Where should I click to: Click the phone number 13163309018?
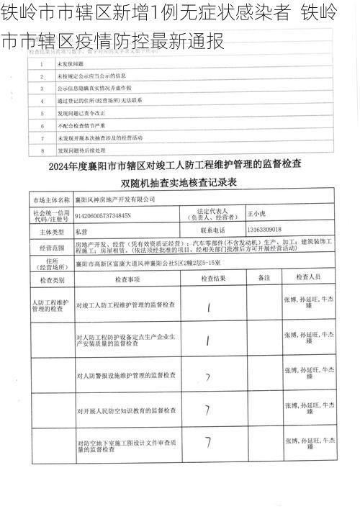[264, 231]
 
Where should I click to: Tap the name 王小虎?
[256, 214]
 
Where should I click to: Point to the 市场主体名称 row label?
[50, 198]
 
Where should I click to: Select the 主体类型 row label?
[50, 232]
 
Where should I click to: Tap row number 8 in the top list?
[42, 150]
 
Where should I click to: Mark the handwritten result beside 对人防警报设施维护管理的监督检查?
[207, 377]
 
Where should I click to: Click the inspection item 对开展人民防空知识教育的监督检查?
[126, 411]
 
